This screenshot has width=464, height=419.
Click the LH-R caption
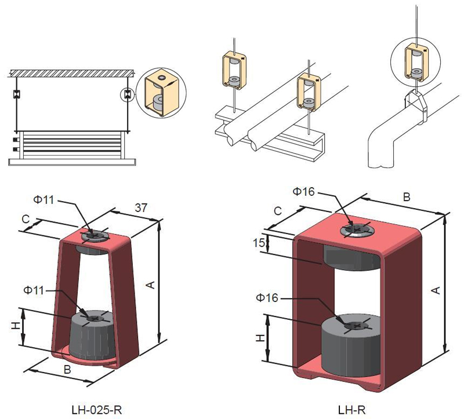click(352, 410)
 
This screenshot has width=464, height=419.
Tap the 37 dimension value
click(140, 206)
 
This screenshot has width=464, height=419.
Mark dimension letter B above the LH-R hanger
click(407, 197)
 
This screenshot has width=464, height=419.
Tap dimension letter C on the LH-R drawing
click(278, 212)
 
